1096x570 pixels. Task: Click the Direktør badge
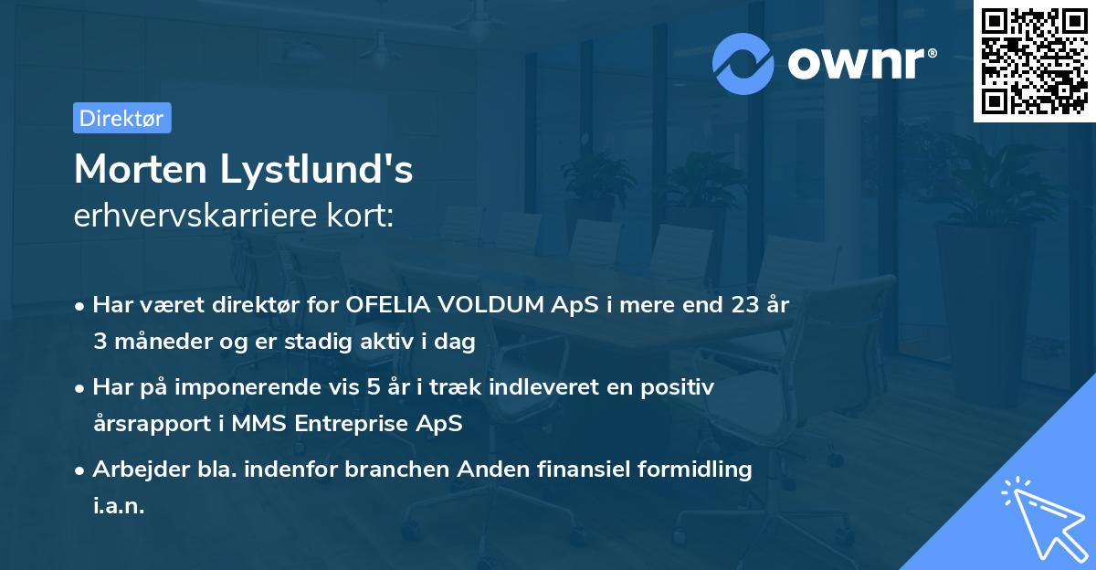click(121, 118)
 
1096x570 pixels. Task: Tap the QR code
click(1034, 61)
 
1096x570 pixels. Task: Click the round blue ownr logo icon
click(743, 63)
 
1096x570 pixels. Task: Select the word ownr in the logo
click(859, 63)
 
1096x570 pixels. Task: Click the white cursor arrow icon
click(1042, 516)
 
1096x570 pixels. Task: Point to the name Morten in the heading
click(138, 169)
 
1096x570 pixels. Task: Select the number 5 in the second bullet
click(373, 387)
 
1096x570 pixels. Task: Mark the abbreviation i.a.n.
click(119, 506)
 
